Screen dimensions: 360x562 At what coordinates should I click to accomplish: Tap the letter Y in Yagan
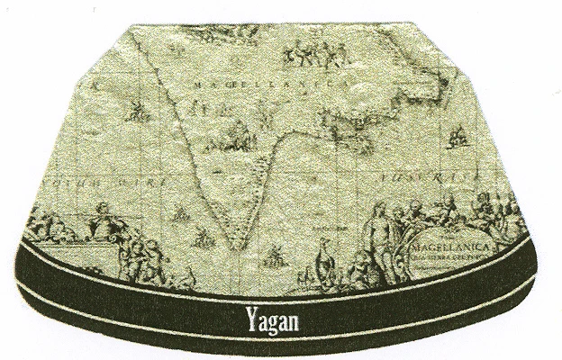pos(250,317)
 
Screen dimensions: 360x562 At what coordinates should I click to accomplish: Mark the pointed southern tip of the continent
pos(235,245)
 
